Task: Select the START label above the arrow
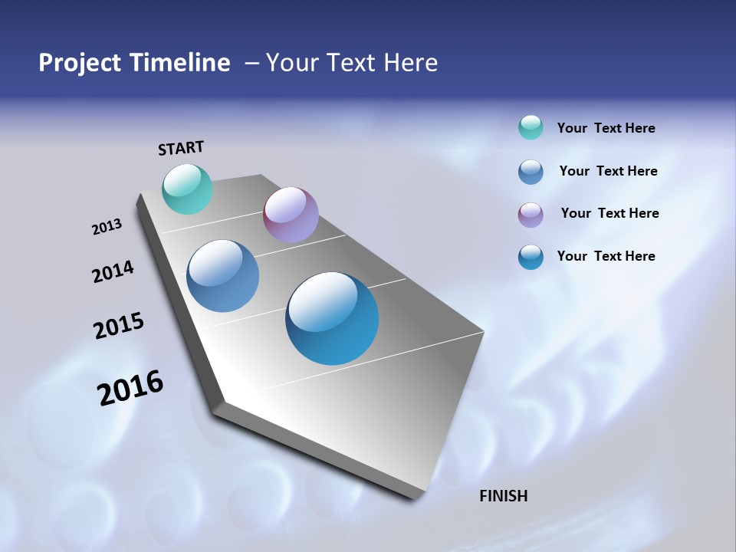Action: tap(181, 148)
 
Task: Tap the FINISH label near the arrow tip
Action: tap(503, 496)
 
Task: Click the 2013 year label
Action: tap(107, 227)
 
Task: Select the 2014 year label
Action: tap(113, 271)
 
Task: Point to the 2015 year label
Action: tap(119, 326)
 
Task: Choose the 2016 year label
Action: tap(130, 388)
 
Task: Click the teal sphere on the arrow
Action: tap(187, 189)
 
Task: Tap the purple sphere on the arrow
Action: tap(291, 215)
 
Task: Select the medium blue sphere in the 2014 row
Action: tap(222, 276)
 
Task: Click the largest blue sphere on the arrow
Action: tap(332, 318)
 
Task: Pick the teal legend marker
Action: tap(531, 127)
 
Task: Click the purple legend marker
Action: tap(531, 214)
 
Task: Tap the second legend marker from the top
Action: tap(531, 171)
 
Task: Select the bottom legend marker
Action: tap(531, 257)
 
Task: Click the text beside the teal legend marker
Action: tap(606, 128)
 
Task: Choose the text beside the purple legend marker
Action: tap(609, 213)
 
